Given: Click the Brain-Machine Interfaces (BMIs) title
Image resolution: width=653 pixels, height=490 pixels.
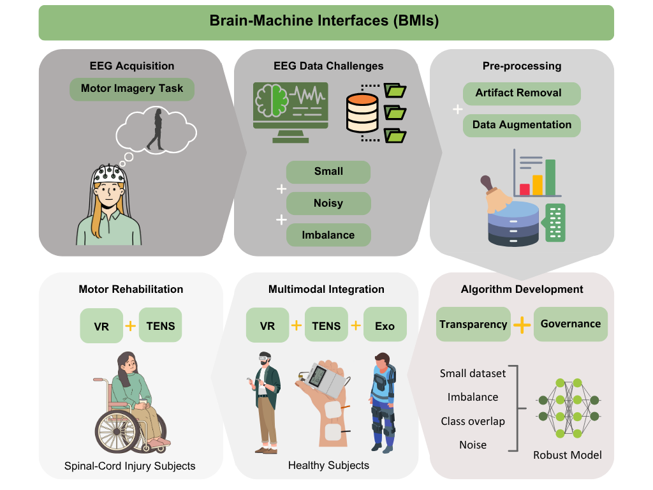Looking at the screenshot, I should pyautogui.click(x=325, y=22).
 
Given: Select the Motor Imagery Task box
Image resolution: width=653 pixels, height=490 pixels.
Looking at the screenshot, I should pyautogui.click(x=132, y=89).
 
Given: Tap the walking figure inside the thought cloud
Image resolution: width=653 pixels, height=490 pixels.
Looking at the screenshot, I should pyautogui.click(x=155, y=130).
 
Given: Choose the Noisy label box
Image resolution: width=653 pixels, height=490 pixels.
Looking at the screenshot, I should pyautogui.click(x=328, y=204).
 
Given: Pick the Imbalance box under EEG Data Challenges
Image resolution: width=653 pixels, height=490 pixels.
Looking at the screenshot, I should pyautogui.click(x=328, y=235).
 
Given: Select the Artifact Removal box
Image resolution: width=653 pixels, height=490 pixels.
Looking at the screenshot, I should pyautogui.click(x=522, y=93).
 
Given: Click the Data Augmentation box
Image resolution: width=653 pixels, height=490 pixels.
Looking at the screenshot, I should pyautogui.click(x=522, y=125).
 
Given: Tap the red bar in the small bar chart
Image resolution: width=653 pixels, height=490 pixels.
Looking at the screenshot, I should pyautogui.click(x=525, y=189).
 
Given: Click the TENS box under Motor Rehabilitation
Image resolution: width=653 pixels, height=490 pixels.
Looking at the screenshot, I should pyautogui.click(x=161, y=326).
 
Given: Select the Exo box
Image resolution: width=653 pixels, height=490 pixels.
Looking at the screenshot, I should pyautogui.click(x=385, y=326).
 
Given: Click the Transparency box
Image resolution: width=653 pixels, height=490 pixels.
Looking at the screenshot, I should pyautogui.click(x=473, y=324).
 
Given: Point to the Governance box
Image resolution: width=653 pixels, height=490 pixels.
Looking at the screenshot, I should pyautogui.click(x=570, y=324).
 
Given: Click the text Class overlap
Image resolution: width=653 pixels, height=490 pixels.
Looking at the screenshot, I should pyautogui.click(x=473, y=421).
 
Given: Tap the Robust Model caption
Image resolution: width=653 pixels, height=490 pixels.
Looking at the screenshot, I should pyautogui.click(x=567, y=455).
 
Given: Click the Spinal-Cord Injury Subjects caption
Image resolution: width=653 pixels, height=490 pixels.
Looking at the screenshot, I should pyautogui.click(x=130, y=466).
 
